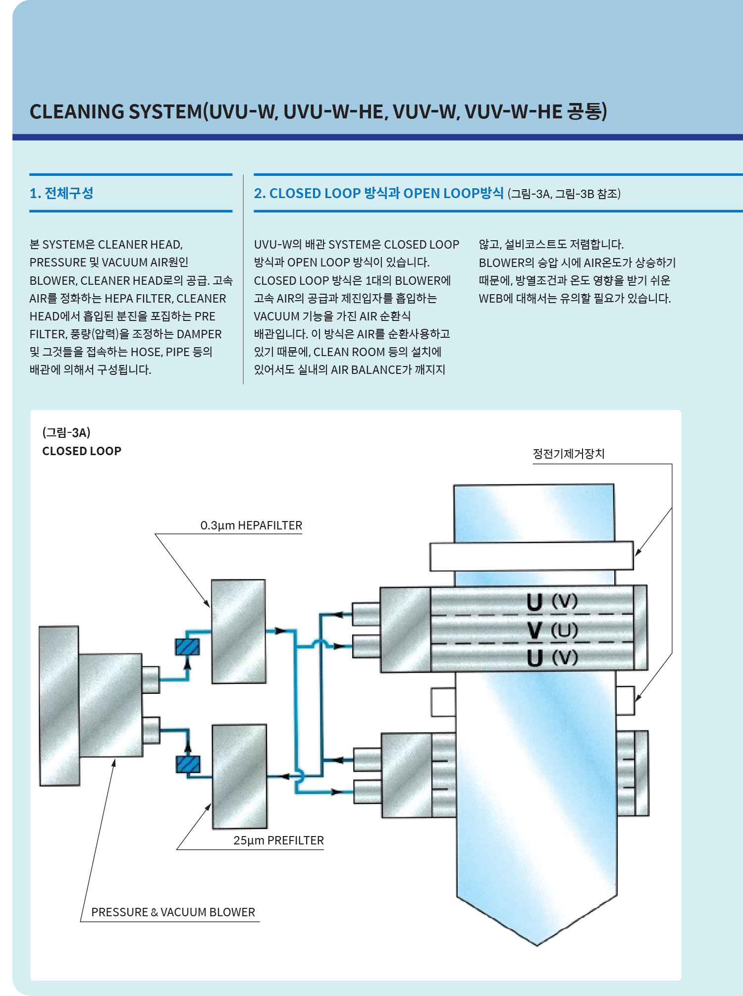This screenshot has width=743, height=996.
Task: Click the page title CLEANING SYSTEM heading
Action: pos(318,111)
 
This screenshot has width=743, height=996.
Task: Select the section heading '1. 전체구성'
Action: pos(61,193)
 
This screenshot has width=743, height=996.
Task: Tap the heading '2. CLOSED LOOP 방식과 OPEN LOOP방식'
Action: pos(378,193)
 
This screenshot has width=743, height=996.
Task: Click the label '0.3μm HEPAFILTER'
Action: pos(251,525)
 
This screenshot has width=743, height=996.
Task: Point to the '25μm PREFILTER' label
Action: pos(278,840)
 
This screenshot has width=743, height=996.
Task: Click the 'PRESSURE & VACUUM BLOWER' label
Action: pos(173,912)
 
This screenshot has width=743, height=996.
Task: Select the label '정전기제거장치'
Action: pos(568,454)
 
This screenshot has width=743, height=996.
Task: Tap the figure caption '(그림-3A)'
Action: pos(66,432)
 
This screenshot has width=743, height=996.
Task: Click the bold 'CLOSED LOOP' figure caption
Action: pos(82,451)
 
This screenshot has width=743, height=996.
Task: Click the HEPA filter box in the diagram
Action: pos(238,631)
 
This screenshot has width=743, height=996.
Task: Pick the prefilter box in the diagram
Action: pos(239,776)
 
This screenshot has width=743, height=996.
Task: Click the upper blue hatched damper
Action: pos(187,647)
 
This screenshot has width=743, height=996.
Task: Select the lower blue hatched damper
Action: pos(188,764)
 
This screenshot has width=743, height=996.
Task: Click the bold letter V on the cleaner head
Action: pos(534,630)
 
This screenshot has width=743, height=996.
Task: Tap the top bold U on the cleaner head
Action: pos(534,602)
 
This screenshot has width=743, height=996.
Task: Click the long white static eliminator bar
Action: pos(531,556)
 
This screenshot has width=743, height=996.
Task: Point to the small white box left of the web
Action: pos(443,702)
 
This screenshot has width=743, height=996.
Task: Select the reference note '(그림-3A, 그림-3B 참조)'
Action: pos(564,194)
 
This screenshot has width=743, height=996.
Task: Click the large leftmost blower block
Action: pos(59,706)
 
